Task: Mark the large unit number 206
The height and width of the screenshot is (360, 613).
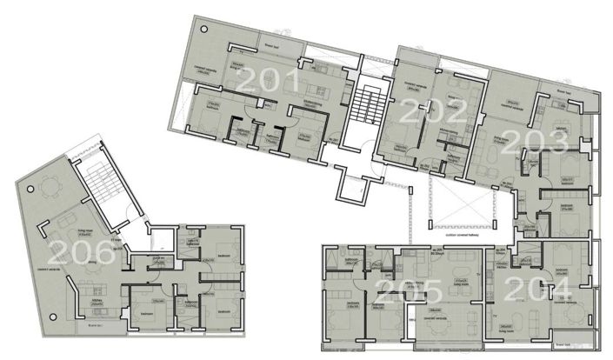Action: [80, 253]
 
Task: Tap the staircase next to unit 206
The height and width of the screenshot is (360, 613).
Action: [104, 187]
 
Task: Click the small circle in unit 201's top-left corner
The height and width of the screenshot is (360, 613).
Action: [197, 28]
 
